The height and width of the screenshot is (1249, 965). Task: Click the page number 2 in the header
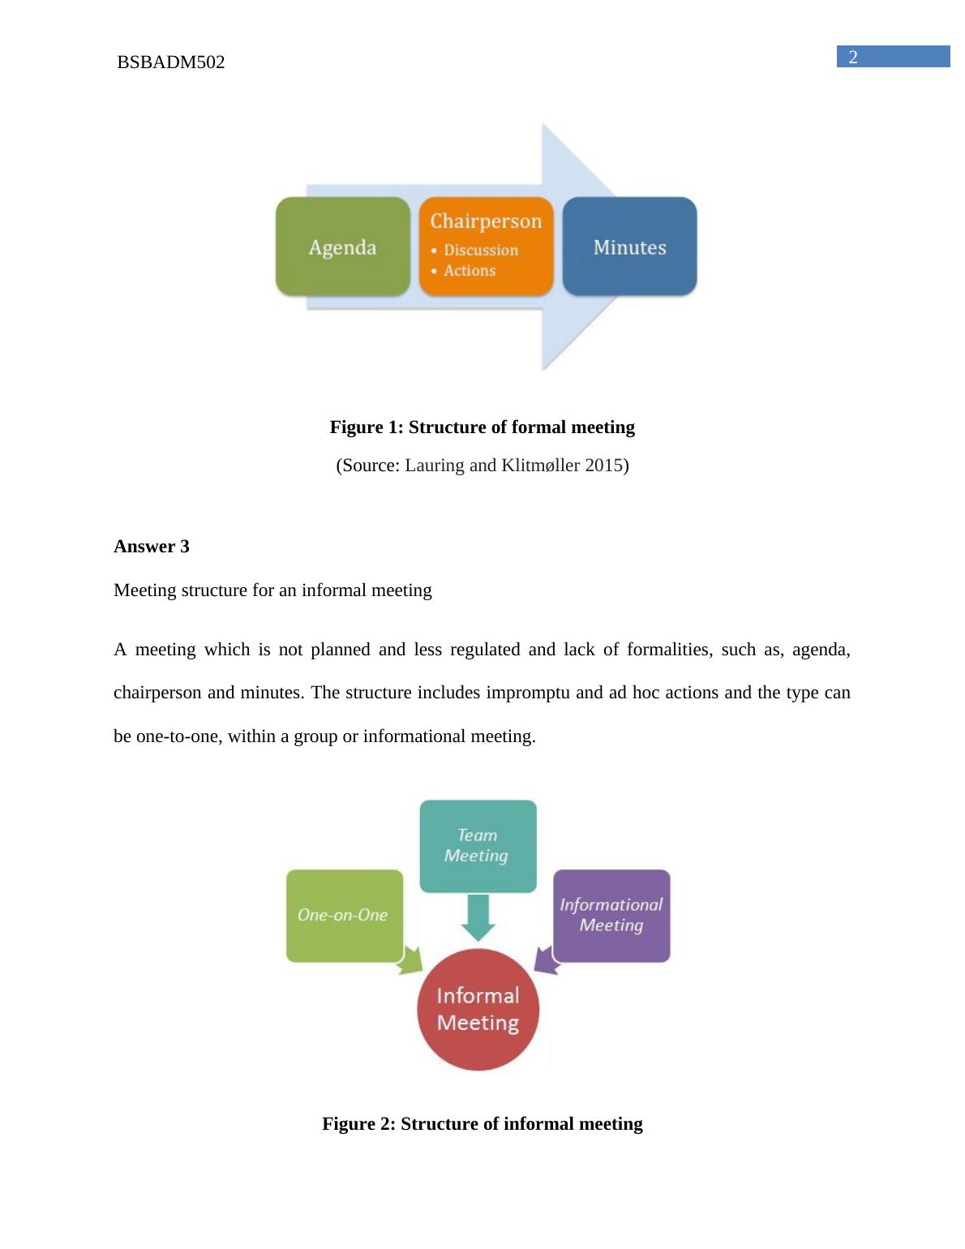tap(853, 57)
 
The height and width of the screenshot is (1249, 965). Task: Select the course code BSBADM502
tap(171, 62)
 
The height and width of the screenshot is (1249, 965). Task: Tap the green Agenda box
tap(342, 247)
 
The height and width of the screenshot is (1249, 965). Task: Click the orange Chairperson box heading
tap(486, 221)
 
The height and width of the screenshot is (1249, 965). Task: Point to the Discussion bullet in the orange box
tap(480, 251)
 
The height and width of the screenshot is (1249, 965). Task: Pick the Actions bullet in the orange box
tap(469, 271)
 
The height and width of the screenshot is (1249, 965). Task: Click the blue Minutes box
tap(629, 247)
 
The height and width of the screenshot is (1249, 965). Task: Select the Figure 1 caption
tap(482, 427)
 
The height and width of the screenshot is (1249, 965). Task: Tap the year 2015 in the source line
tap(603, 466)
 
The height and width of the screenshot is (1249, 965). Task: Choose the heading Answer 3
tap(152, 547)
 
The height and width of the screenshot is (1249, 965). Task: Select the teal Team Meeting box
tap(478, 845)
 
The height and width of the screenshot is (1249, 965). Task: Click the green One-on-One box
tap(344, 915)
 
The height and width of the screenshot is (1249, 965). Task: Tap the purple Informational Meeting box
tap(611, 915)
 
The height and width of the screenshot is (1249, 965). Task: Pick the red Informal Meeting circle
tap(478, 1009)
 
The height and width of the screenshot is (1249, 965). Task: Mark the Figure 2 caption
tap(482, 1124)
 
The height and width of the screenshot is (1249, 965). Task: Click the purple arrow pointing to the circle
tap(547, 961)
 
